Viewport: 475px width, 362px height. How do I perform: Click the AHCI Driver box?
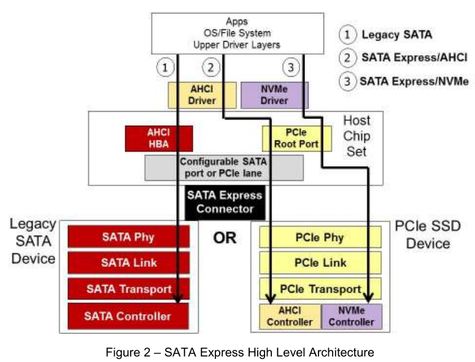(202, 95)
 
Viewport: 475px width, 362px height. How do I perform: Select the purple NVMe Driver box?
(274, 95)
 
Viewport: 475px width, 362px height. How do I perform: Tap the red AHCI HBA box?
(159, 139)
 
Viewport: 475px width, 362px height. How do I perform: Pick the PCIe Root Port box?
(296, 139)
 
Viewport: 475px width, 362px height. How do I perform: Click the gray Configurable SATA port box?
(224, 168)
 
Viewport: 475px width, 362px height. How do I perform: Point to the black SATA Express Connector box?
(225, 202)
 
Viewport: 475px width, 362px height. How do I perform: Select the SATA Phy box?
(128, 237)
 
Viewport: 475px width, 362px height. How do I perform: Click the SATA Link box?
(128, 263)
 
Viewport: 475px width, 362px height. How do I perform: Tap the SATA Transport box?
(128, 289)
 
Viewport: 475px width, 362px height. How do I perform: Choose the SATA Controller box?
(128, 316)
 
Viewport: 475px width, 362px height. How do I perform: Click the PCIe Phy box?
(320, 237)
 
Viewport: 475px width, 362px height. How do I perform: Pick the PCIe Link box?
(320, 263)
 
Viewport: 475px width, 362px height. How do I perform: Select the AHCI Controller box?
(290, 317)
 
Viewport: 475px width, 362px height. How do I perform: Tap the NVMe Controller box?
(352, 317)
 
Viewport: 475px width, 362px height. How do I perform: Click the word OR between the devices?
(225, 238)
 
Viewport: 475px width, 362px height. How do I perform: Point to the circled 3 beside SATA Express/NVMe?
(347, 82)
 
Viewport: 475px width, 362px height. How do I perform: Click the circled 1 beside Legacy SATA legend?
(347, 34)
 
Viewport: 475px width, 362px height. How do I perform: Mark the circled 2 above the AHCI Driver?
(211, 67)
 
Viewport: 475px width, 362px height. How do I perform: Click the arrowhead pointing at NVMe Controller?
(368, 298)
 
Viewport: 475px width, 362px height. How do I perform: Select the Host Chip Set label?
(357, 136)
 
